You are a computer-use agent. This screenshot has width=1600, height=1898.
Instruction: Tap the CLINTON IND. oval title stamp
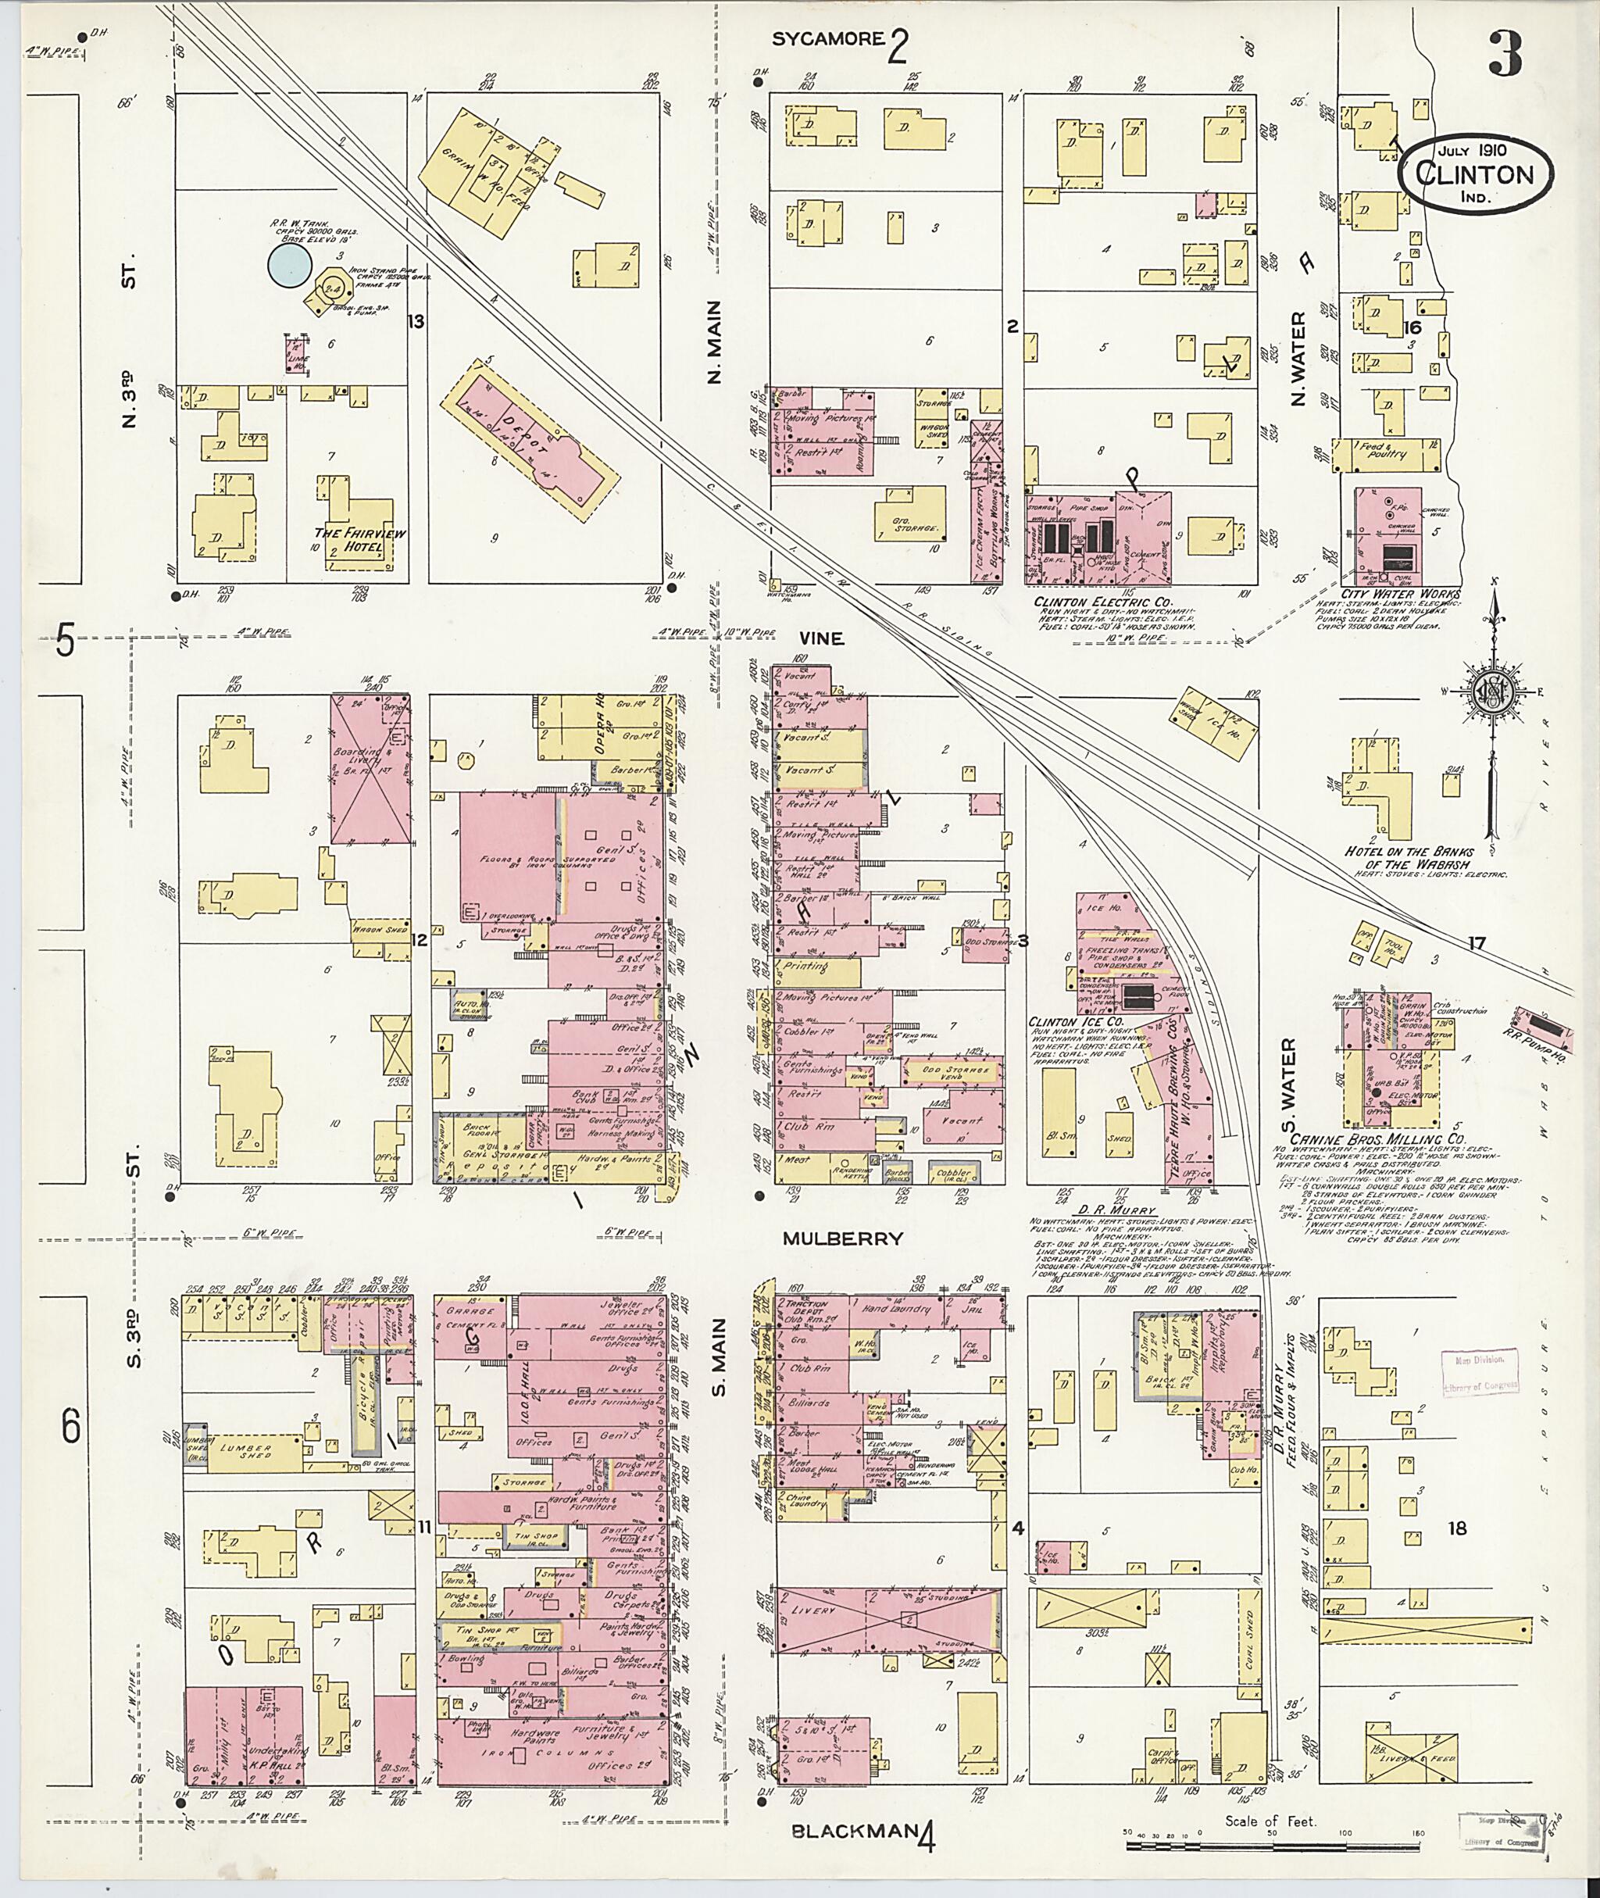click(x=1475, y=176)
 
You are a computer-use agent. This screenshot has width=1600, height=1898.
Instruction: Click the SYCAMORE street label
click(x=827, y=39)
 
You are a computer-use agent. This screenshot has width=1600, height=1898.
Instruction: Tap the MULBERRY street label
click(x=844, y=1238)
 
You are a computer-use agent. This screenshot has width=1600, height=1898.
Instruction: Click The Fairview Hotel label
click(x=359, y=533)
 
